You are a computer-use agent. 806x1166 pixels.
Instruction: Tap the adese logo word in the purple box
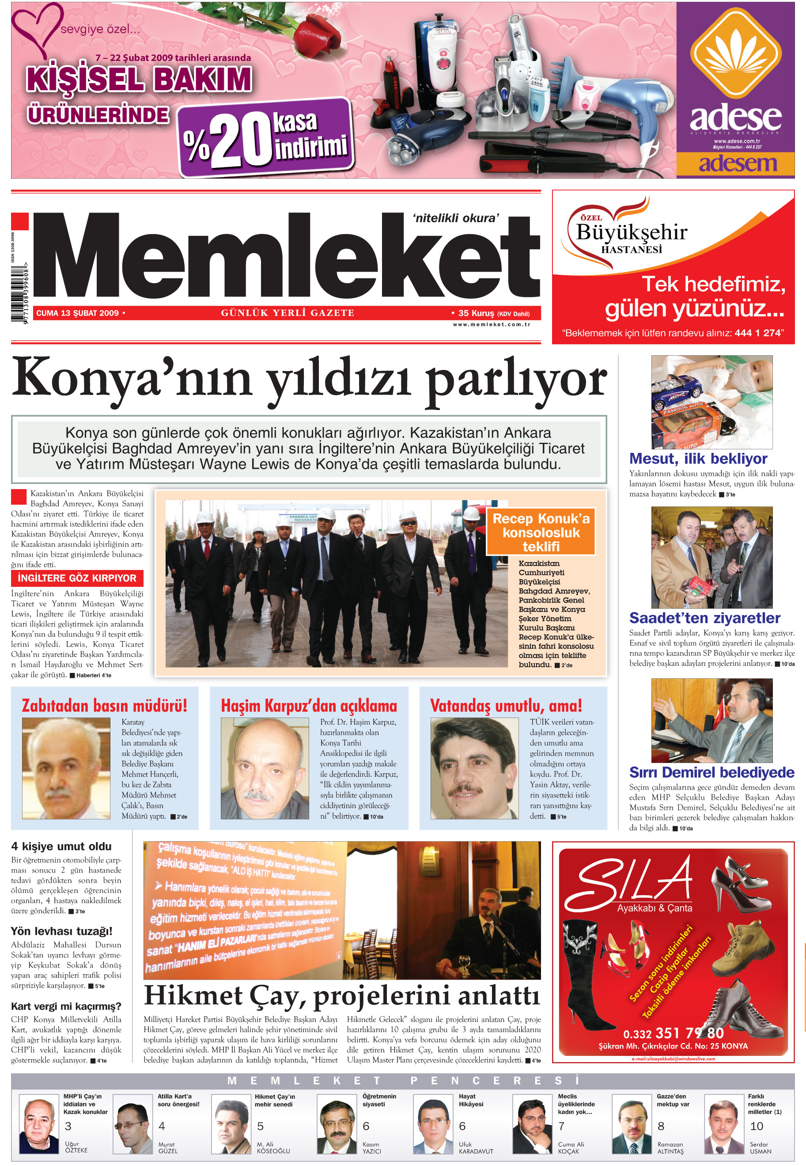coord(735,117)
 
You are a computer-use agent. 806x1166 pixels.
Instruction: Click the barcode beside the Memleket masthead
coord(19,293)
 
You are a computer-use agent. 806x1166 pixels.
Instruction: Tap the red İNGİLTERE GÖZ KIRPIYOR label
coord(77,578)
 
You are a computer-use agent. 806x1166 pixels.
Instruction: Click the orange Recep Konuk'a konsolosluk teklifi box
coord(541,532)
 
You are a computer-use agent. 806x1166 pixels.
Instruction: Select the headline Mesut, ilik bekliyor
coord(698,459)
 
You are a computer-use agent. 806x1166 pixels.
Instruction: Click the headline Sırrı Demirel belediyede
coord(711,772)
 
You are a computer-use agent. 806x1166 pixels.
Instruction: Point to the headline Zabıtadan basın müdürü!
coord(105,706)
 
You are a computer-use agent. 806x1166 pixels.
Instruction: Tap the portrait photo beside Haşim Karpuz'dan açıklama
coord(265,768)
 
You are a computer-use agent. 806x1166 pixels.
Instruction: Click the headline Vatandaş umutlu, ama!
coord(506,706)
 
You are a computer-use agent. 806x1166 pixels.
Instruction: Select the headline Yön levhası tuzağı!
coord(62,931)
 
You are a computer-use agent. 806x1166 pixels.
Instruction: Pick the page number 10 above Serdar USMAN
coord(757,1126)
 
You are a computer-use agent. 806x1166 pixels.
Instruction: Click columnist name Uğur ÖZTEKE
coord(76,1147)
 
